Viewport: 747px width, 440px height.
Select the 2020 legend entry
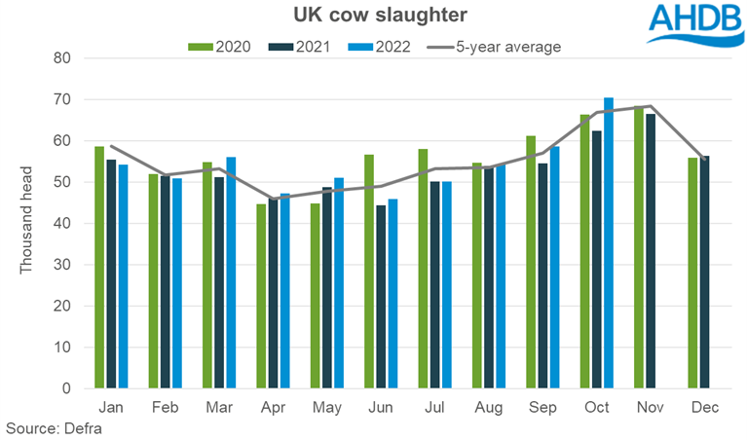point(216,46)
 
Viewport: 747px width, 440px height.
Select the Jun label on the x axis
point(381,409)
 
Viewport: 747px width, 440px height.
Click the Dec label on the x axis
point(705,409)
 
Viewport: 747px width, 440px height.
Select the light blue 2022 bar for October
point(609,243)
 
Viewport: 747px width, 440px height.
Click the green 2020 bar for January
point(99,268)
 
